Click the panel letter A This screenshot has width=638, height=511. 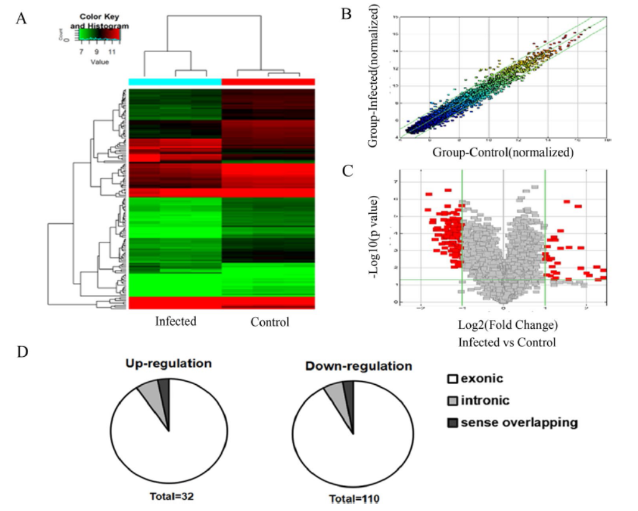click(22, 18)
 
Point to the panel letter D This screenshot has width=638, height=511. click(22, 352)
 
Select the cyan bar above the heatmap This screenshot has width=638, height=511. click(175, 82)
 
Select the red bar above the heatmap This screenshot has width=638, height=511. click(268, 82)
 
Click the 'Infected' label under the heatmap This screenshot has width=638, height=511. click(175, 321)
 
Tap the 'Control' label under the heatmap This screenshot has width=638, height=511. click(270, 322)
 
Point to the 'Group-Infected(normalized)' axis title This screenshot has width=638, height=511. click(375, 76)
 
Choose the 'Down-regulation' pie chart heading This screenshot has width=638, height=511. click(359, 366)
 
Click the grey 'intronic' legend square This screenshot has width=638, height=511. click(452, 401)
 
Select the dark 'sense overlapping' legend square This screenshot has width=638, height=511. click(452, 423)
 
